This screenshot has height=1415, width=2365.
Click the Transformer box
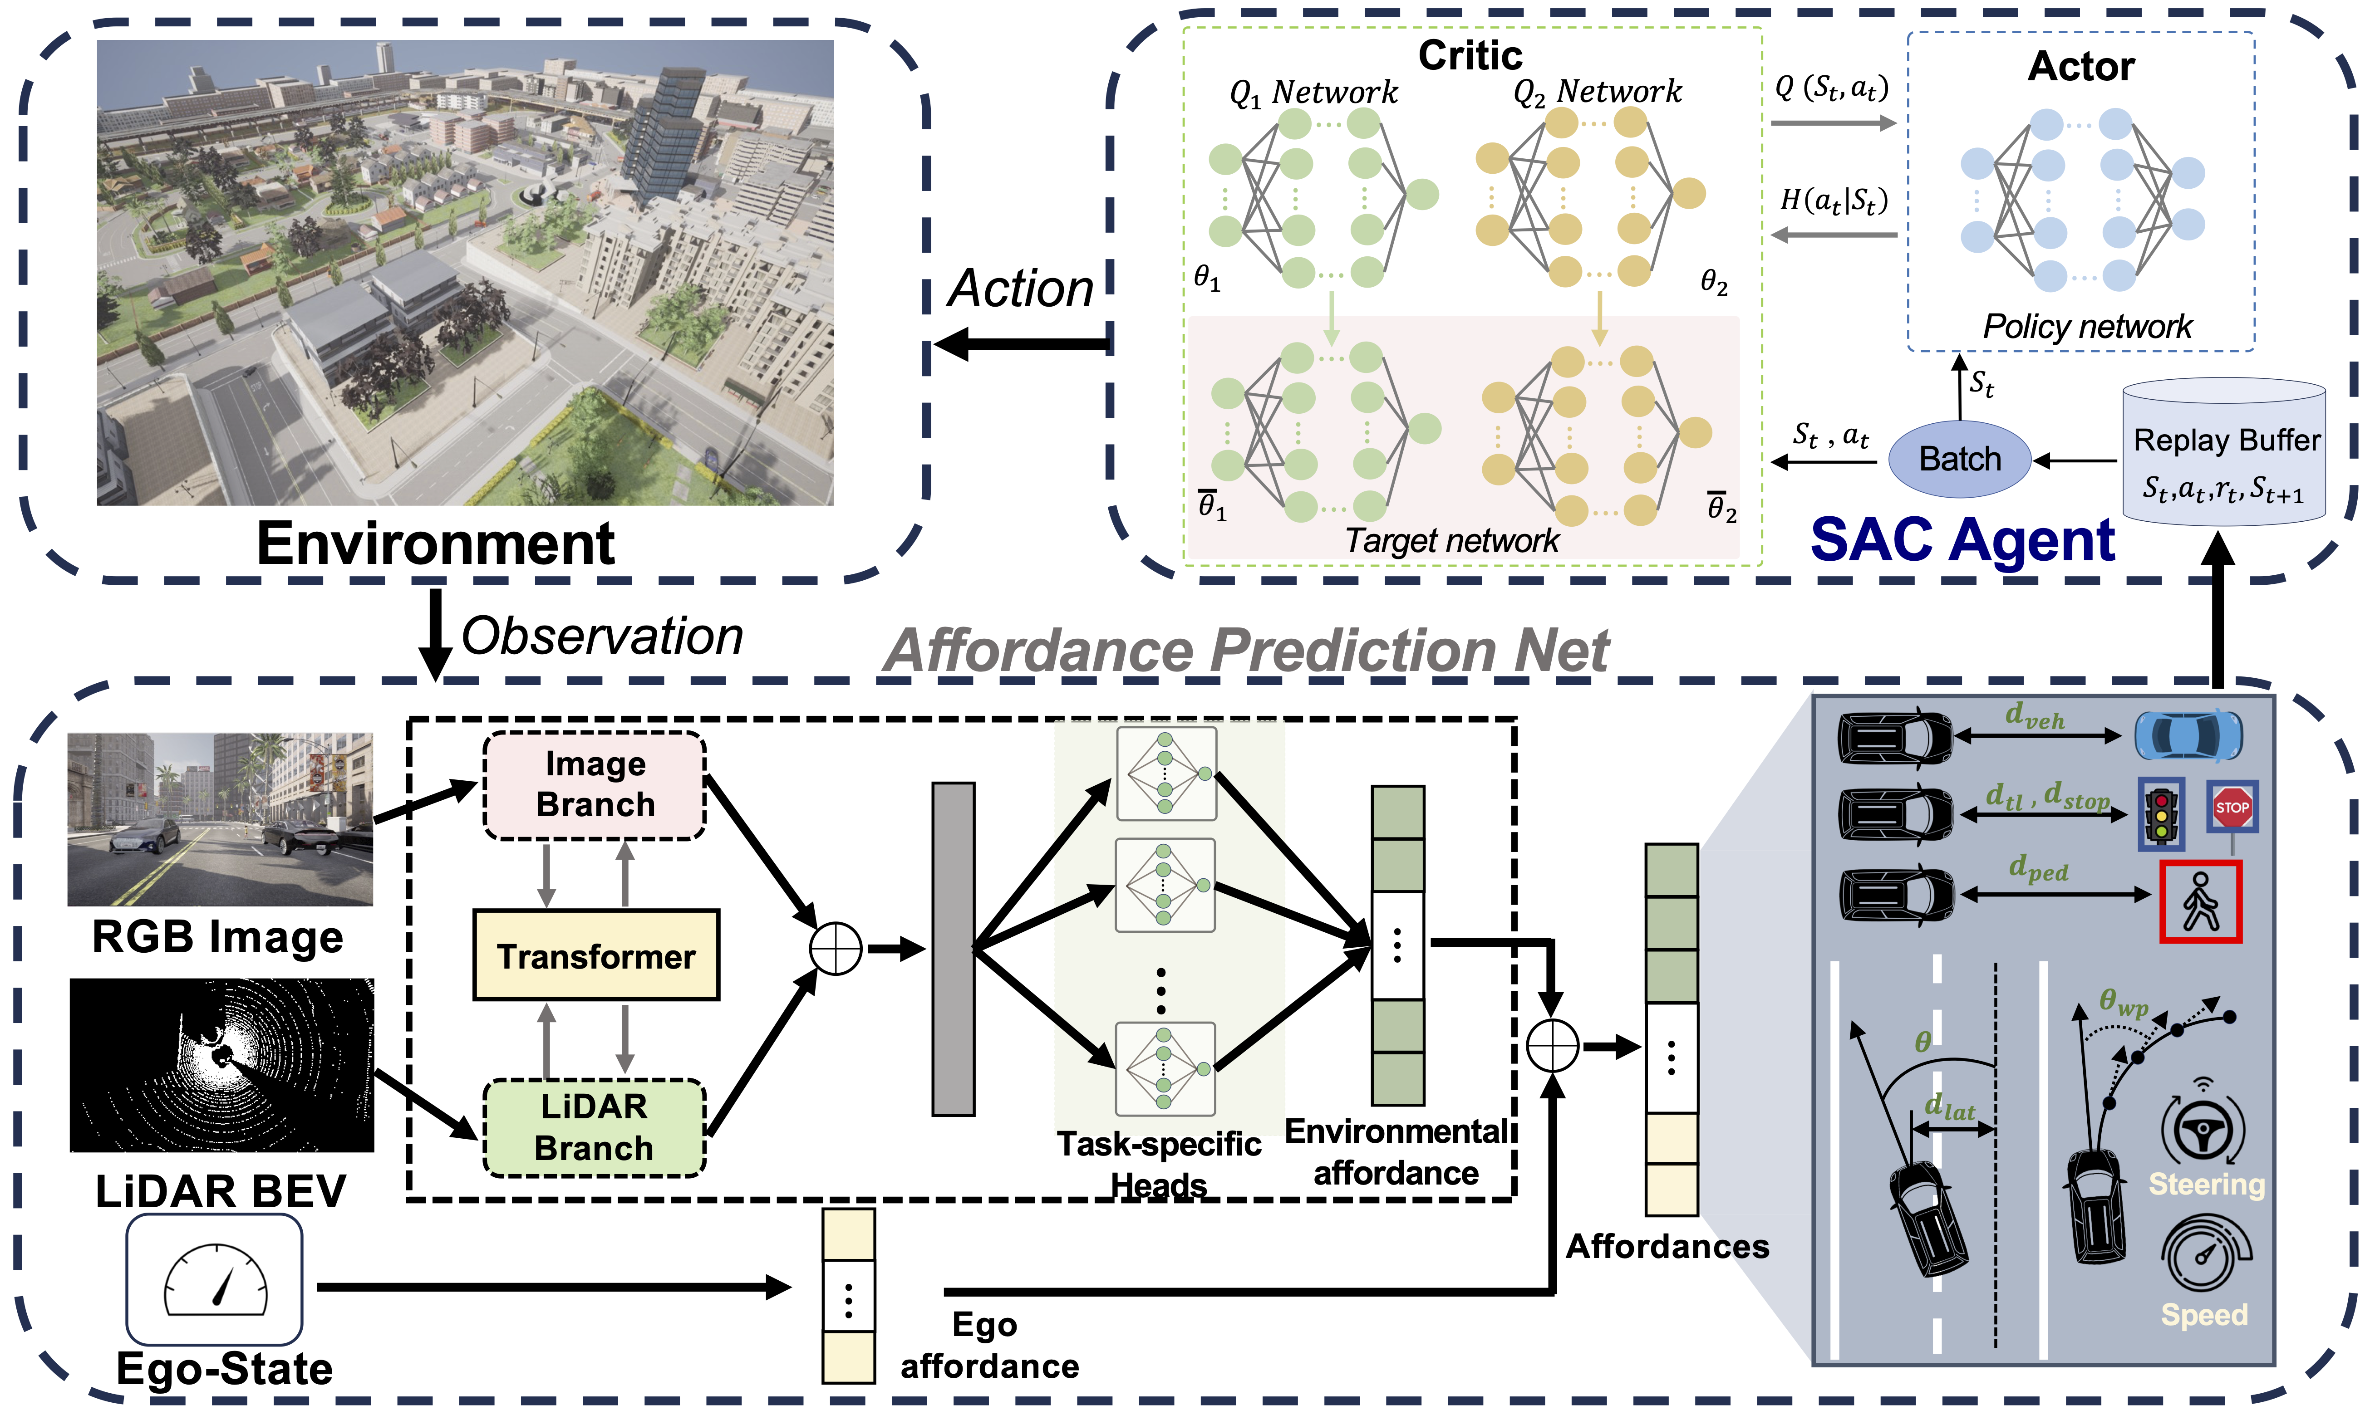point(596,955)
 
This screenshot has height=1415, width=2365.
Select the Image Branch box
point(595,785)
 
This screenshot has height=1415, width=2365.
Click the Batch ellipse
point(1960,459)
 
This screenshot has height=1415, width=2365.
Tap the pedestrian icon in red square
point(2200,901)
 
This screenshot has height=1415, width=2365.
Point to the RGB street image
point(220,819)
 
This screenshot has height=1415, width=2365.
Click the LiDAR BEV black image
point(222,1065)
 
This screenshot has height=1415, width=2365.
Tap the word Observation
point(602,636)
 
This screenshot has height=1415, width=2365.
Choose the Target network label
point(1451,541)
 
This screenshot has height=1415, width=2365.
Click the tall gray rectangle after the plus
point(953,949)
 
